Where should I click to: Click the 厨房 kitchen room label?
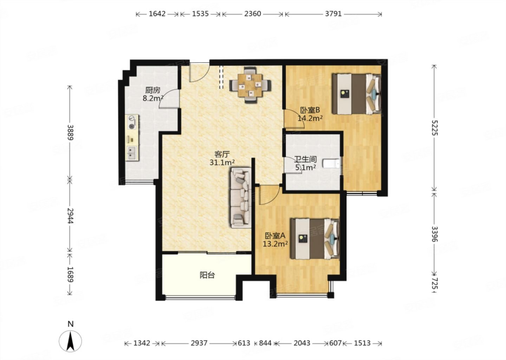click(153, 90)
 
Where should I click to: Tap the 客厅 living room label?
click(222, 154)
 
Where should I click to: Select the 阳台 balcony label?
click(207, 275)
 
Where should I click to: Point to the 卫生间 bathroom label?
click(305, 160)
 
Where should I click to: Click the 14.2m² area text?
click(310, 118)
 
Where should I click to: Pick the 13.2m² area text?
click(275, 244)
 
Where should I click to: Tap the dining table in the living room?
click(250, 85)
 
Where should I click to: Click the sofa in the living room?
click(241, 198)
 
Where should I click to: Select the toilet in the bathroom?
click(331, 163)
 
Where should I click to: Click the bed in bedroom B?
click(356, 94)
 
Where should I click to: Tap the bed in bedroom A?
click(315, 238)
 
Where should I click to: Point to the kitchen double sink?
click(131, 153)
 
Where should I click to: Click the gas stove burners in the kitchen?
click(132, 122)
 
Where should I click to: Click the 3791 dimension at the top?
click(333, 14)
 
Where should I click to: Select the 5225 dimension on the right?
click(434, 128)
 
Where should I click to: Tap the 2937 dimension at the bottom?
click(199, 343)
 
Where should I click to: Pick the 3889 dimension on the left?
click(70, 133)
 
